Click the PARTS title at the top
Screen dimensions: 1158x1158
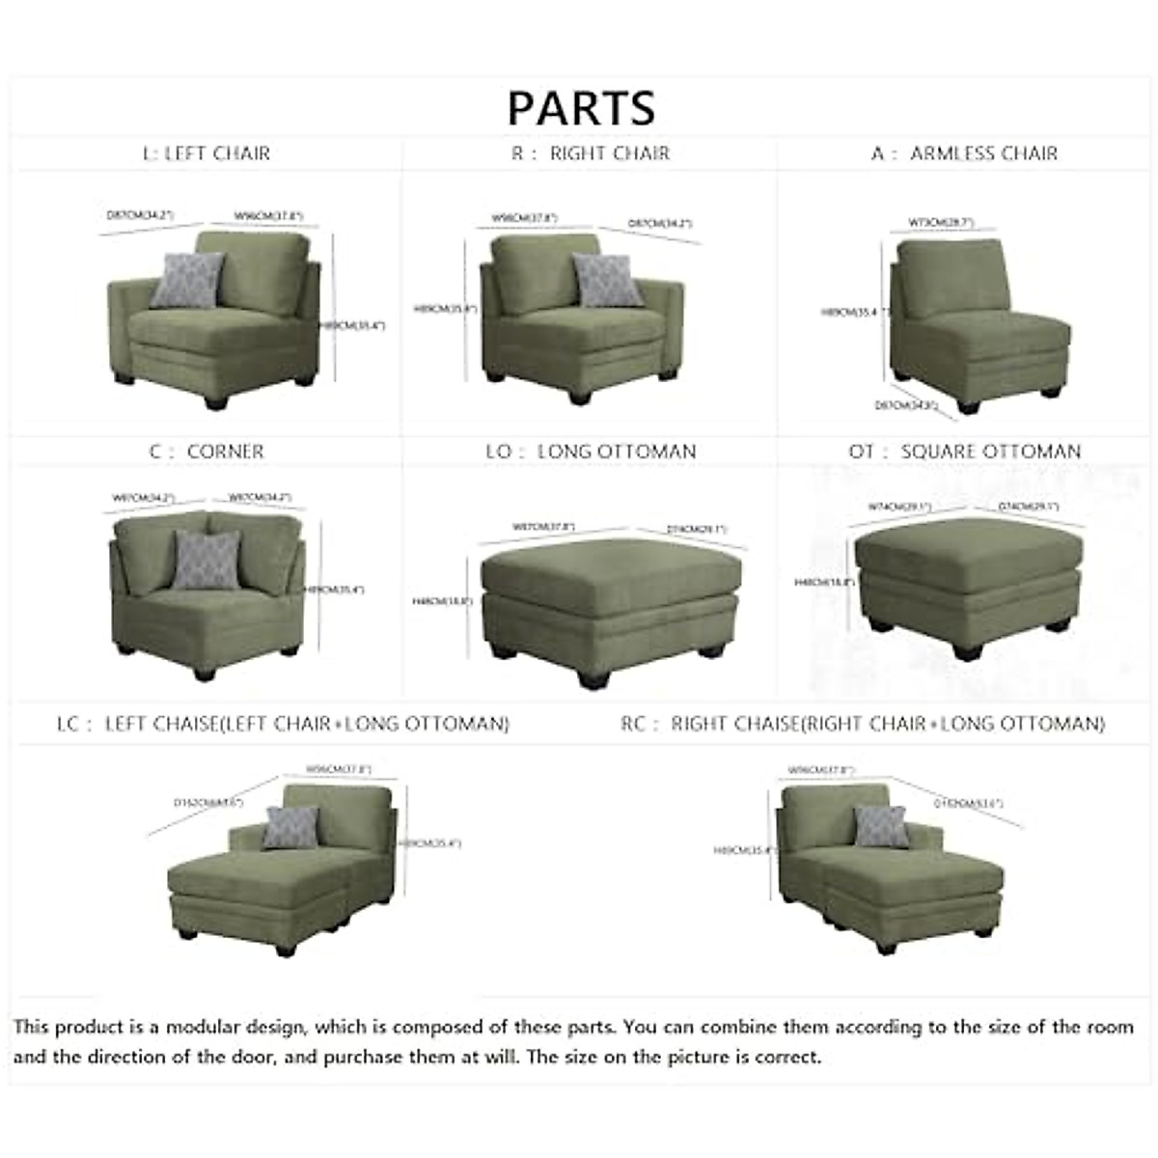pos(581,107)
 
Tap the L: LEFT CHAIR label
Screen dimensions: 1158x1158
pos(207,153)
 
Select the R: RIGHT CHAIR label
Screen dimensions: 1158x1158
pos(590,153)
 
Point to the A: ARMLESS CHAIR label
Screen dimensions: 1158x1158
pos(964,153)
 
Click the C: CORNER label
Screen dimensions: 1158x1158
pos(207,452)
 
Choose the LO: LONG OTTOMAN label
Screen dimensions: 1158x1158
pos(591,452)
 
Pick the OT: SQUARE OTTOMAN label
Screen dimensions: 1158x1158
pos(965,452)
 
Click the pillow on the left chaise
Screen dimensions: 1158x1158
pos(290,827)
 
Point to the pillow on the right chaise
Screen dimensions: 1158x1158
pos(880,826)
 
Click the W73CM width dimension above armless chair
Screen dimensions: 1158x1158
pos(940,223)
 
